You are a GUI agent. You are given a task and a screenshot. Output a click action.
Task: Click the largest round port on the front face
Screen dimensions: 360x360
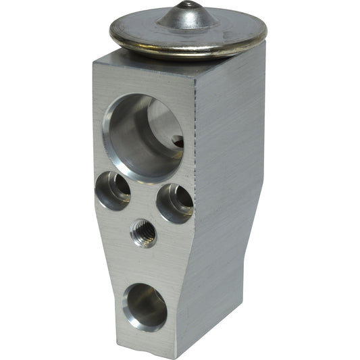pyautogui.click(x=145, y=137)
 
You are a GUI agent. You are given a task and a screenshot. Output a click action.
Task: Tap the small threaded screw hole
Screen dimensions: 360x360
pyautogui.click(x=143, y=234)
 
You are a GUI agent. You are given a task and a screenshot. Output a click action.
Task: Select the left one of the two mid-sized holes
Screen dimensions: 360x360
pyautogui.click(x=113, y=190)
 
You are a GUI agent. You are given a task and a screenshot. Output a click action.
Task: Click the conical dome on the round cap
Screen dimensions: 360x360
pyautogui.click(x=188, y=17)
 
